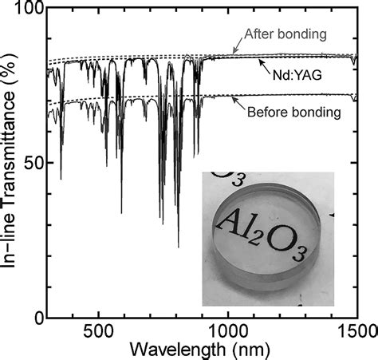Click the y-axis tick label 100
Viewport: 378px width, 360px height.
point(29,10)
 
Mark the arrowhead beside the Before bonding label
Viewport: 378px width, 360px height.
point(234,98)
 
